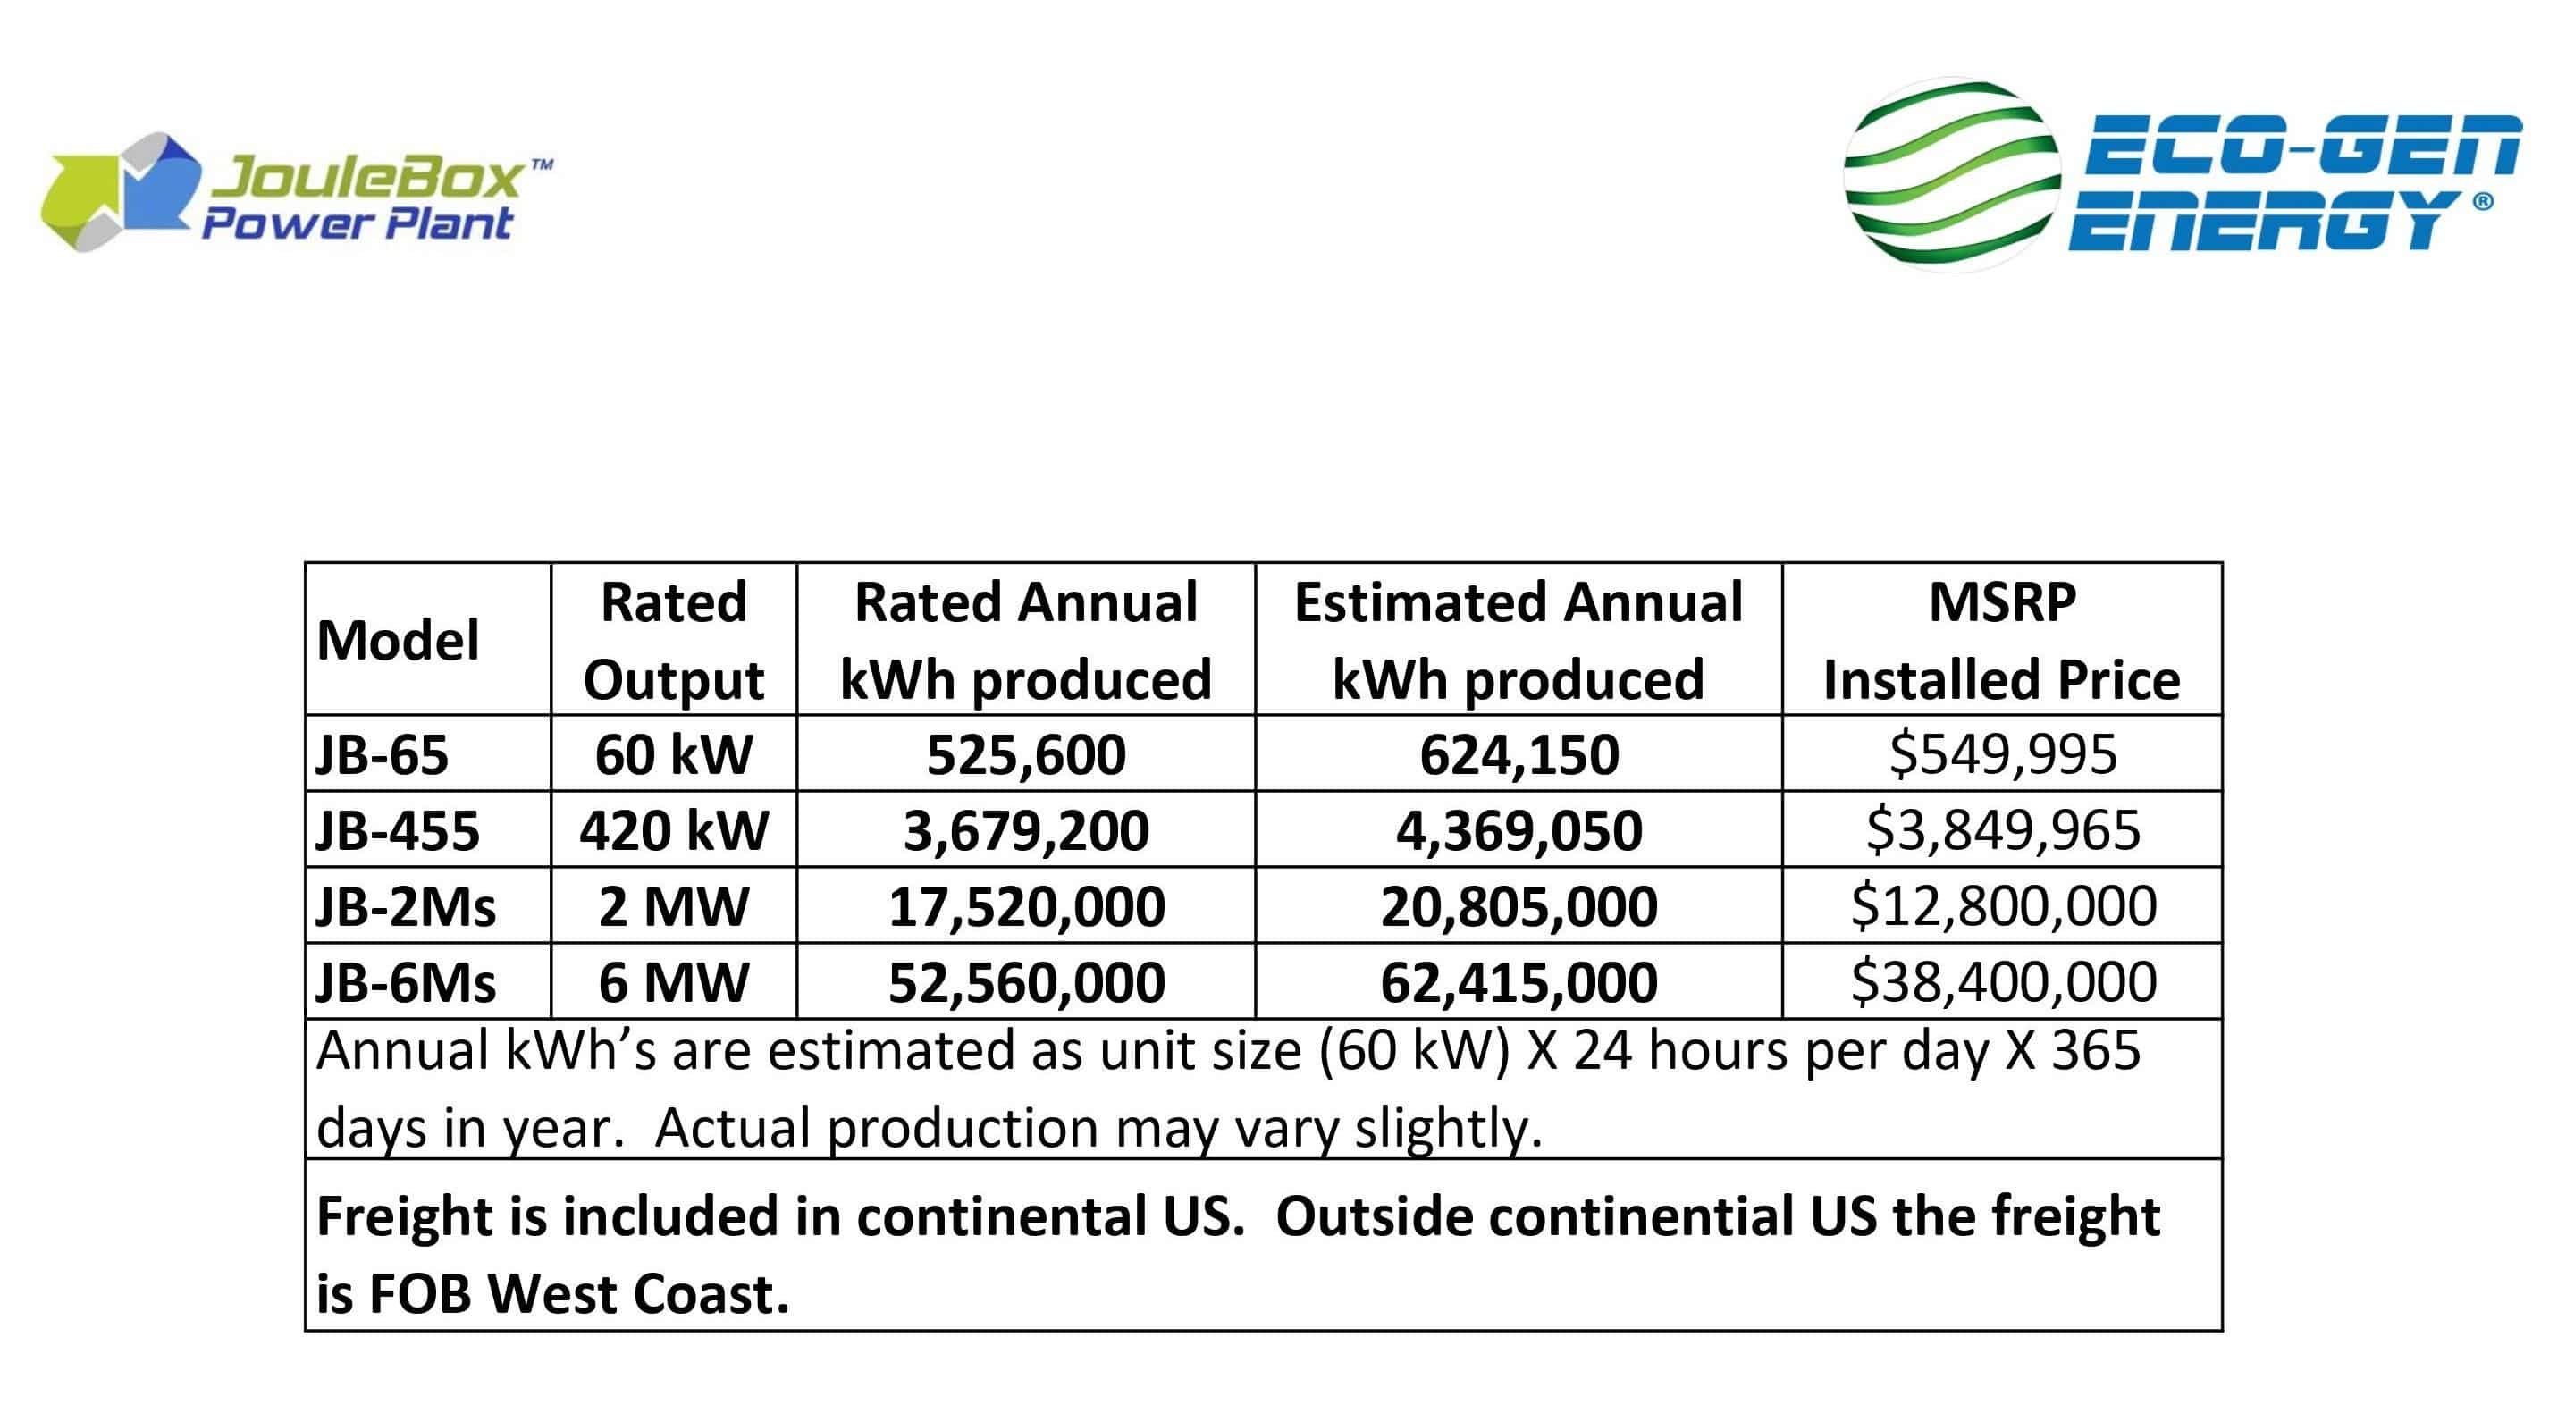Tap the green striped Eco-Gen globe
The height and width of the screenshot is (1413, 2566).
point(1951,174)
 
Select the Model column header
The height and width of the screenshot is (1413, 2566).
point(398,639)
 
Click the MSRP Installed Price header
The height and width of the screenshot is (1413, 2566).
point(2001,640)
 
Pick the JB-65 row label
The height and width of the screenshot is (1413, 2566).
point(382,753)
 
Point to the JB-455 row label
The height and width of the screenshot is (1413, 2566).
point(398,829)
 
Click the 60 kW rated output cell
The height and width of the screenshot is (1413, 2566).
point(673,753)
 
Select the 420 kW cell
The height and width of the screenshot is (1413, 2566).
point(673,829)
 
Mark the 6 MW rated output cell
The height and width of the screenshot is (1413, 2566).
point(673,982)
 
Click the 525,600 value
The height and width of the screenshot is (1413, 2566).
point(1026,753)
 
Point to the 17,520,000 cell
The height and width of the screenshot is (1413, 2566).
point(1026,906)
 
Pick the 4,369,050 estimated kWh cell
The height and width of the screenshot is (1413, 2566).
point(1519,829)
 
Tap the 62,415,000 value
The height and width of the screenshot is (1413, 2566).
point(1519,982)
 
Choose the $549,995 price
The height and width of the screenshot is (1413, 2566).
point(2002,753)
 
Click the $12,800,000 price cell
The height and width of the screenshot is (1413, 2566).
point(2002,906)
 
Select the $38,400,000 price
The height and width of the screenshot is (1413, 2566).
point(2002,982)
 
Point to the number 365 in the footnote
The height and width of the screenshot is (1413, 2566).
point(2095,1049)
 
